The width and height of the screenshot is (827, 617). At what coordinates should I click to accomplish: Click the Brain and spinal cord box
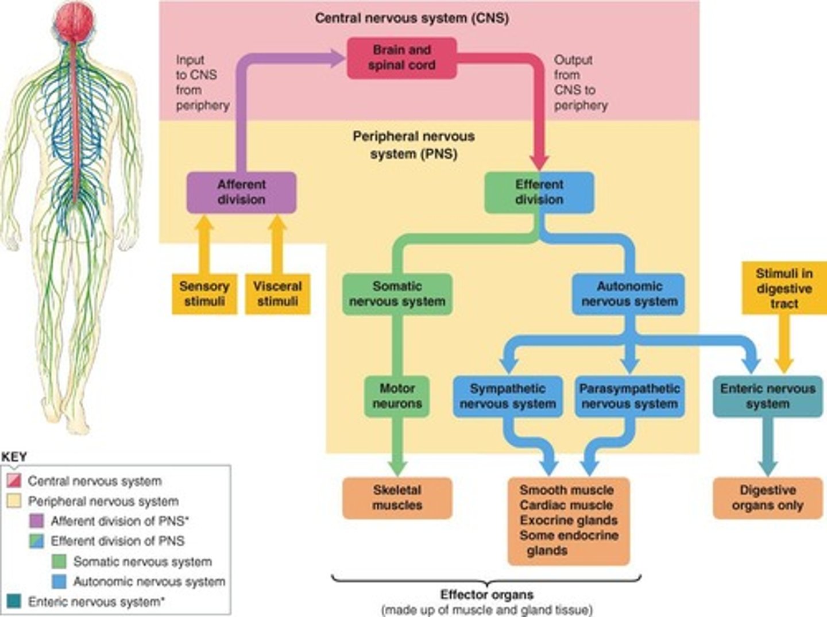401,58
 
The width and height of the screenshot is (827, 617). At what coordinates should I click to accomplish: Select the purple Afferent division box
241,192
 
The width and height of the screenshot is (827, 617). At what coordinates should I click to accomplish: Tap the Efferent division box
539,192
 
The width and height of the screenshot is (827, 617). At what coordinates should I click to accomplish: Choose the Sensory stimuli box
204,294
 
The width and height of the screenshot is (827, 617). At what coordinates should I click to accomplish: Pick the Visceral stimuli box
277,294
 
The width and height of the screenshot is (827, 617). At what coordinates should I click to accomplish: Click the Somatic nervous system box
397,294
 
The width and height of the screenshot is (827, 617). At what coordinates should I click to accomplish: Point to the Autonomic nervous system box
629,294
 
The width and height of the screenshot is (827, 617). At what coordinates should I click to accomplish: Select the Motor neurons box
397,396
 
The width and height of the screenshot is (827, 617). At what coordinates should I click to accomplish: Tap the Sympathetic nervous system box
508,396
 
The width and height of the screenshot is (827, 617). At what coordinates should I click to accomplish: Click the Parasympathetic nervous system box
629,396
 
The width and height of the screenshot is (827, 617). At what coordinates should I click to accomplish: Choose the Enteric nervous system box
767,396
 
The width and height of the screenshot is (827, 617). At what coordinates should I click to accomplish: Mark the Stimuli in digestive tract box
784,288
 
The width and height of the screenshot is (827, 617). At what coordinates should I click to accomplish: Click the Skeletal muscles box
397,498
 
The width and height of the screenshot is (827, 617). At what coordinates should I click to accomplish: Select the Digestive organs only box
767,498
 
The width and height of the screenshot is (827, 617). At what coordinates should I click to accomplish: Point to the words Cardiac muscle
566,506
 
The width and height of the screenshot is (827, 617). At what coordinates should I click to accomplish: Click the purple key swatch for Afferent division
36,521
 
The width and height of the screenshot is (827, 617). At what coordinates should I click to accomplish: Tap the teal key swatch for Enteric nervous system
14,601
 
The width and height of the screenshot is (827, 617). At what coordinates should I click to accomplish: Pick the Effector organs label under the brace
486,595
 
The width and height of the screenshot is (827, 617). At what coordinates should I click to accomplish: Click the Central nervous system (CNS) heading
411,18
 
